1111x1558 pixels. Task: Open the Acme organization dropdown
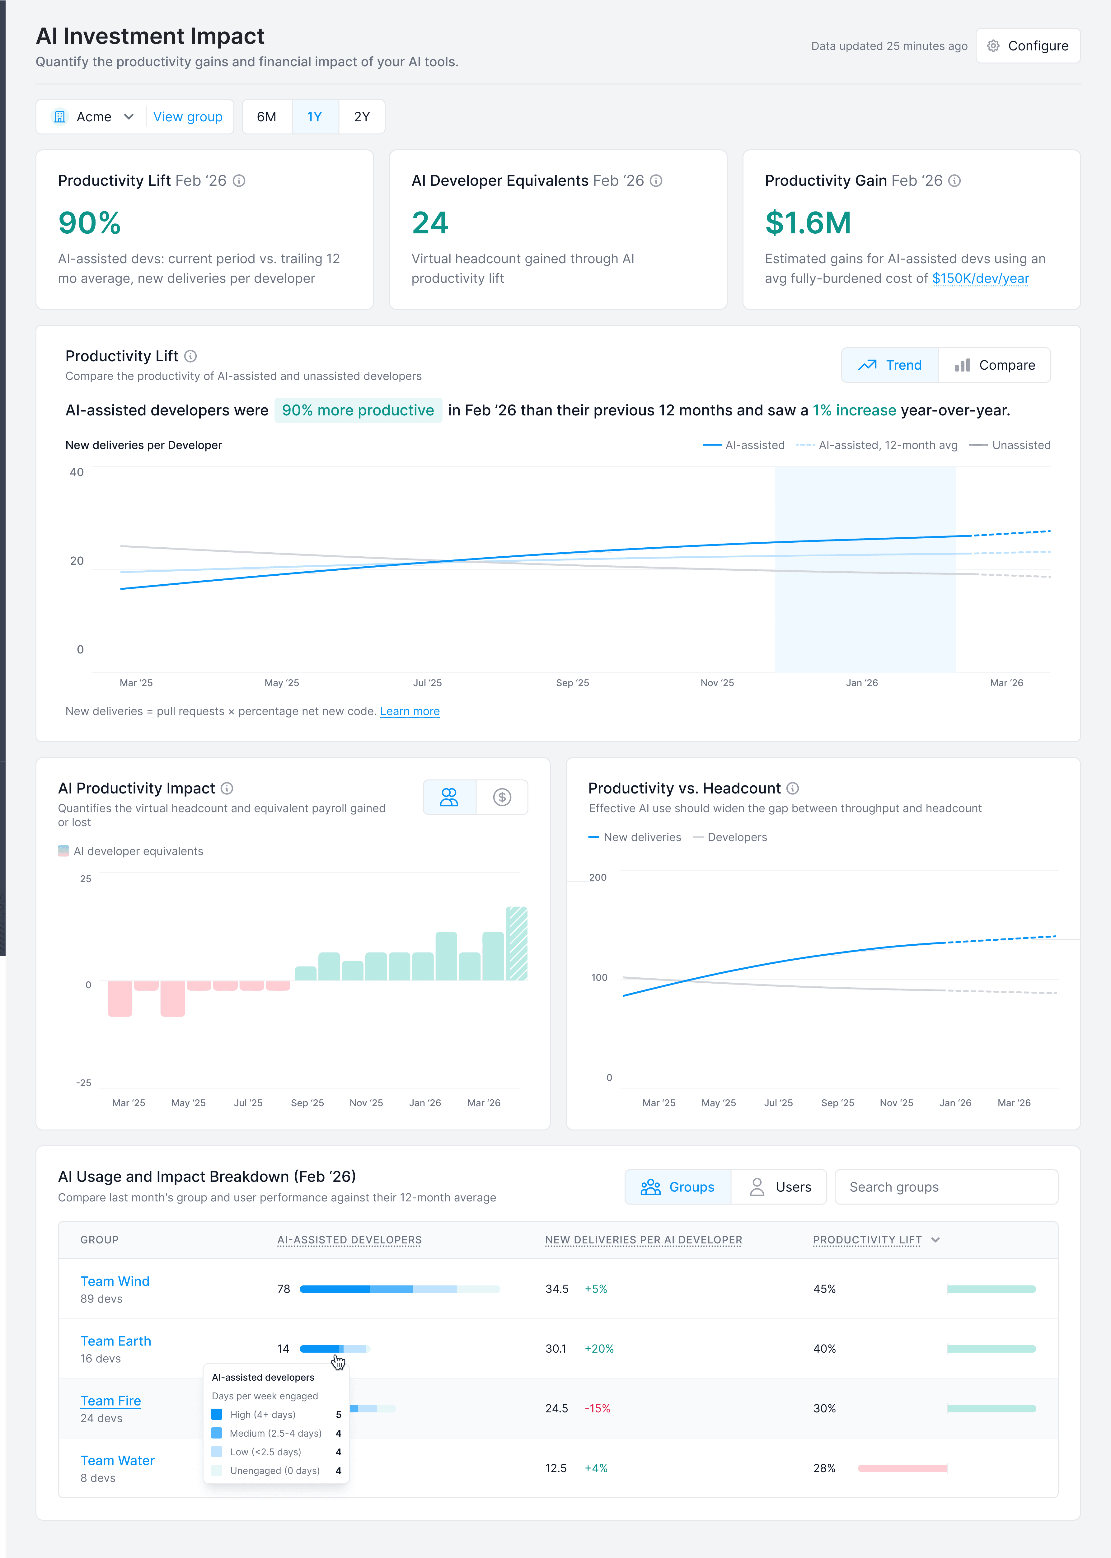(93, 117)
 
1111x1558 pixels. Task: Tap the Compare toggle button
(995, 365)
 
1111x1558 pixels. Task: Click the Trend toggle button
(890, 365)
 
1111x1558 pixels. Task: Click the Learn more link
(410, 711)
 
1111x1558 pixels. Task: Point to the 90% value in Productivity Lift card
(90, 223)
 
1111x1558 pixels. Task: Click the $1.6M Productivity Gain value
(808, 223)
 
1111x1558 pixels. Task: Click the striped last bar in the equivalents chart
(517, 944)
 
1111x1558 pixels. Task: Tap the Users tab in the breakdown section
(780, 1187)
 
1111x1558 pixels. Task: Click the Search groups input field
(946, 1187)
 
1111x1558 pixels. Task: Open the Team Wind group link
(115, 1281)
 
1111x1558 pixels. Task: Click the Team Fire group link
(111, 1401)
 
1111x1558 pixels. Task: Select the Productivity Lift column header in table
(867, 1240)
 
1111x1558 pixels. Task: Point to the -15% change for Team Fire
(597, 1408)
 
